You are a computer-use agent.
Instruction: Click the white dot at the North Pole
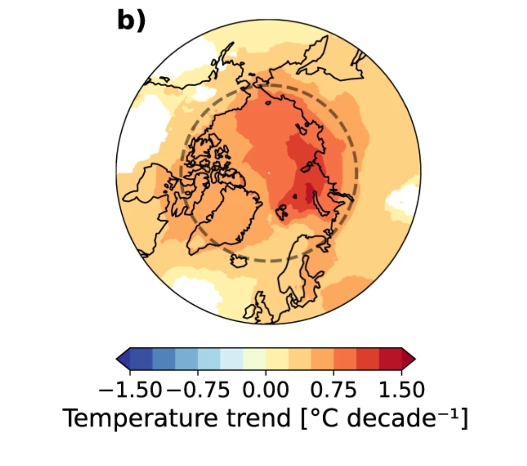point(269,172)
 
